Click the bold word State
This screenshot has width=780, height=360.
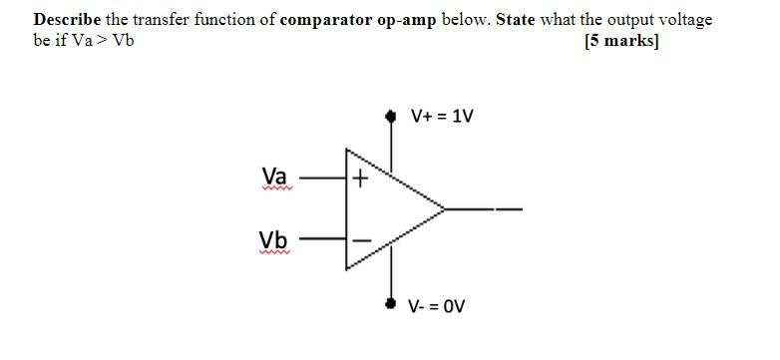coord(516,20)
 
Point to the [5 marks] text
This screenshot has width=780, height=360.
coord(622,41)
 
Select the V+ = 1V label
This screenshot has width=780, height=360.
coord(443,117)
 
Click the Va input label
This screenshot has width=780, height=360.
coord(274,177)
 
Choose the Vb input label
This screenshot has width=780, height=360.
coord(273,239)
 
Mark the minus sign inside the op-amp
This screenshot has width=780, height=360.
coord(360,239)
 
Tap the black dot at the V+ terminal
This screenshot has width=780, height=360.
coord(391,117)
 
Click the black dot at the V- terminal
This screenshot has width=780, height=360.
coord(391,302)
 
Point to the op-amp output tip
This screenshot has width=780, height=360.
coord(444,209)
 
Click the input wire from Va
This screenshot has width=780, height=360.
coord(323,180)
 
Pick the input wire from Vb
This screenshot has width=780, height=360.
coord(323,239)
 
